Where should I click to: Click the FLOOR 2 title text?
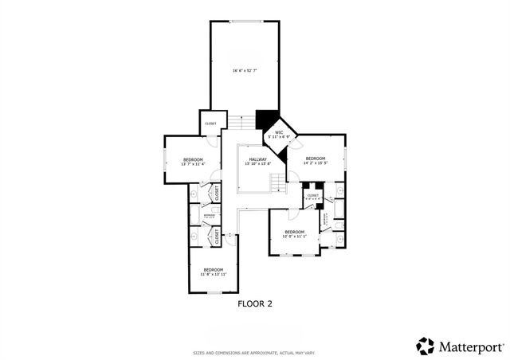tap(255, 303)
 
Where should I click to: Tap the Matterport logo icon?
tap(425, 346)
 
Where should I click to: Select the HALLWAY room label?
tap(257, 159)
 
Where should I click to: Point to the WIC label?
tap(279, 132)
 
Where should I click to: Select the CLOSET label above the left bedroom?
tap(210, 123)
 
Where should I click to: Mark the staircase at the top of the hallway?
tap(248, 120)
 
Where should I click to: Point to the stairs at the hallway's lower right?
tap(277, 184)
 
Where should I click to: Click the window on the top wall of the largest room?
tap(245, 21)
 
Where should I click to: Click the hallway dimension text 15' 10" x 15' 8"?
tap(257, 164)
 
